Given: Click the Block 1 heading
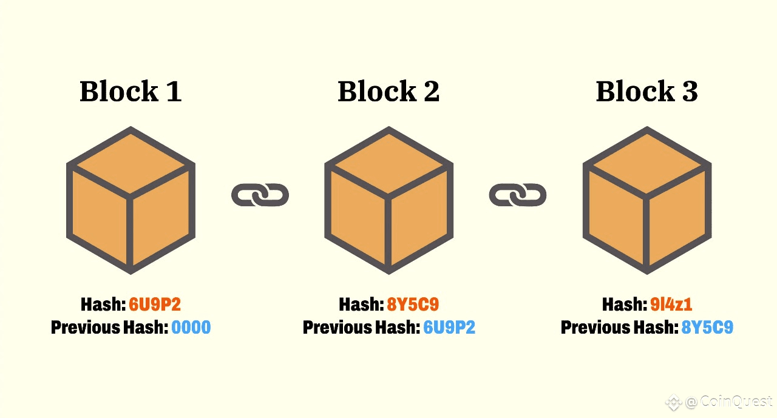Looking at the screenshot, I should click(131, 92).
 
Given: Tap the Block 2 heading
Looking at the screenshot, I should click(388, 92).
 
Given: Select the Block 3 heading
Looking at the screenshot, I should click(646, 92).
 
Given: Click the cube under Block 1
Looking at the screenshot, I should click(131, 200).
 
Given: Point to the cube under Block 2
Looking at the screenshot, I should click(388, 200).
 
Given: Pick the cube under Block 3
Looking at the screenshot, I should click(647, 200).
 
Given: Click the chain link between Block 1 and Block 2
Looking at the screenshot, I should click(260, 195).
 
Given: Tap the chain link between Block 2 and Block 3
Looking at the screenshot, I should click(518, 195).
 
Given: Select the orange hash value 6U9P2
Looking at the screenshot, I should click(155, 305).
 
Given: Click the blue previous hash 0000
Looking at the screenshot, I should click(191, 328).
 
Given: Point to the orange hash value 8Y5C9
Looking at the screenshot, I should click(413, 305).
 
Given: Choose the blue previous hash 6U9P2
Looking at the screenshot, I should click(449, 328).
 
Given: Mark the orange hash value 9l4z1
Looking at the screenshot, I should click(671, 305).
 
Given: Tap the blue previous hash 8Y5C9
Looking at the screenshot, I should click(707, 328).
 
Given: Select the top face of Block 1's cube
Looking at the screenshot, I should click(131, 162).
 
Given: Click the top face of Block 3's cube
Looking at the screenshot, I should click(647, 162).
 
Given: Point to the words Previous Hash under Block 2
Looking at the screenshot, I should click(361, 328).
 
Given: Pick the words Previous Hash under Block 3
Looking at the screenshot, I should click(619, 328).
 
